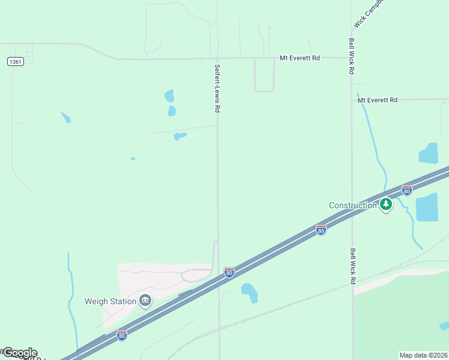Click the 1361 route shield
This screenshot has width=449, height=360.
[16, 62]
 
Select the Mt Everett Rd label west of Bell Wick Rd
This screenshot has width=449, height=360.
[300, 58]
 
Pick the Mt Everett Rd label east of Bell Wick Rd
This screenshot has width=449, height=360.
[378, 100]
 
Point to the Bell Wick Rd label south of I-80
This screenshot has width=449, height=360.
[352, 266]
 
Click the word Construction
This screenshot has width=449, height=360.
[352, 206]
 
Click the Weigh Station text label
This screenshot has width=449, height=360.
[110, 302]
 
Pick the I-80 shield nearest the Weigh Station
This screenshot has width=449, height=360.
[122, 335]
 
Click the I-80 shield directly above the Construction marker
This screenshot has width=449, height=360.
[407, 190]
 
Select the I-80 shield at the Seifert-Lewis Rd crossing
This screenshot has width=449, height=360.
[229, 272]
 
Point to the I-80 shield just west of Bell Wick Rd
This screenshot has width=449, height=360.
[321, 230]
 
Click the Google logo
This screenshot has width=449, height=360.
[19, 353]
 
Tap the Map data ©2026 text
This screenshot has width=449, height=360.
[424, 355]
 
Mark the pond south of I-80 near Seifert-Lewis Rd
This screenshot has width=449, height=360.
[250, 292]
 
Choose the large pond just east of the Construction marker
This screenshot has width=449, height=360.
[427, 208]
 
